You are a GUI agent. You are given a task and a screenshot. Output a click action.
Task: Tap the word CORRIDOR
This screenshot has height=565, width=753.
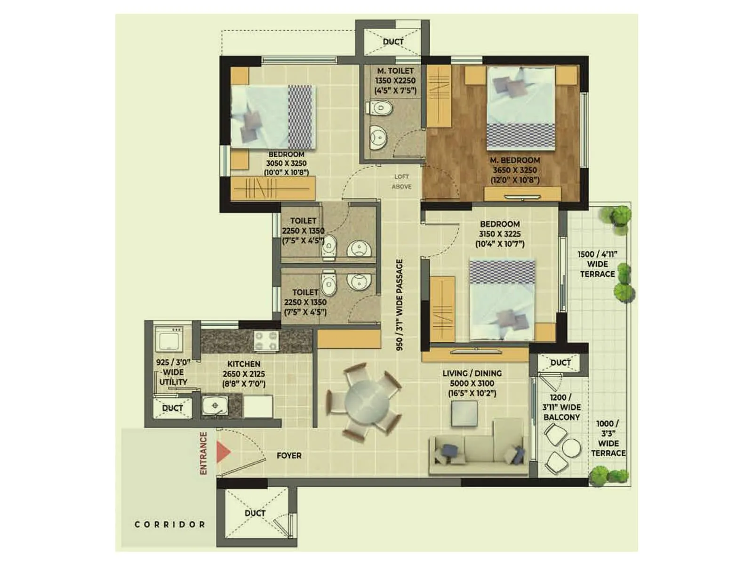170,524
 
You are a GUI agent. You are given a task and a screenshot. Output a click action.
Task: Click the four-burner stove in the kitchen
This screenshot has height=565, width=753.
266,341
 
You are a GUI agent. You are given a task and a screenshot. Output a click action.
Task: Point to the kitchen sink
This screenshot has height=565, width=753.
215,405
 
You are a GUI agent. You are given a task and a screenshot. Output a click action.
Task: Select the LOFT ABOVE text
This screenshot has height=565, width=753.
401,182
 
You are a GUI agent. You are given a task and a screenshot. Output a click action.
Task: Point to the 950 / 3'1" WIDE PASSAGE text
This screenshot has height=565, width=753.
400,305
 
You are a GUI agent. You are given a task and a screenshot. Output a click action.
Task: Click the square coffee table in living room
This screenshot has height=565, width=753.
464,414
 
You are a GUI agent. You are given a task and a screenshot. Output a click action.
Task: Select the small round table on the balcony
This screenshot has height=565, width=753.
571,448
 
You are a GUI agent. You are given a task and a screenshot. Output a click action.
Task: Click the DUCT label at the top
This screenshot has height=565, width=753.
393,41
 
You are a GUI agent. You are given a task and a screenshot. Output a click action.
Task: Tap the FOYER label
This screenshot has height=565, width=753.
289,456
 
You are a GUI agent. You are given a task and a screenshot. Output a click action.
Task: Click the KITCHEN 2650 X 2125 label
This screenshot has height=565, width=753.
244,374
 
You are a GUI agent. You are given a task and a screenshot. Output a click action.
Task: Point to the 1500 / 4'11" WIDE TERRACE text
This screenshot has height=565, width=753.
597,264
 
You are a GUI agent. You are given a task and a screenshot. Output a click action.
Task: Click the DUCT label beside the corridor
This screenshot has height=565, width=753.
255,513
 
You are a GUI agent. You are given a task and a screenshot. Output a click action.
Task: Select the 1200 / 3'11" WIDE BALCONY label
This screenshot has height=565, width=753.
561,407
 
